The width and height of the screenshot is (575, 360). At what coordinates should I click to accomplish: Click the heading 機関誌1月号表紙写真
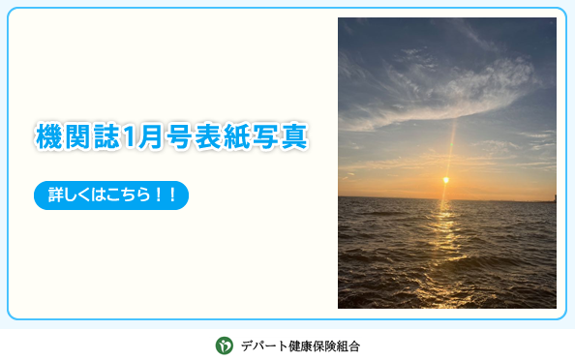[x=171, y=136]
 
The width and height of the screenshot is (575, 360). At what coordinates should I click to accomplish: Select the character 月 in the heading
[x=149, y=136]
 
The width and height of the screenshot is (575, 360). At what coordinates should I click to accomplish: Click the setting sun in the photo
[x=445, y=179]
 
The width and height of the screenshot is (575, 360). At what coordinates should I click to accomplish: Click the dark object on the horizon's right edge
[x=553, y=198]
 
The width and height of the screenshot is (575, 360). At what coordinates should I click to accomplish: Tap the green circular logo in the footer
[x=224, y=345]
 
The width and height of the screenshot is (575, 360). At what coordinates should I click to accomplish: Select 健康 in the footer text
[x=301, y=345]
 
